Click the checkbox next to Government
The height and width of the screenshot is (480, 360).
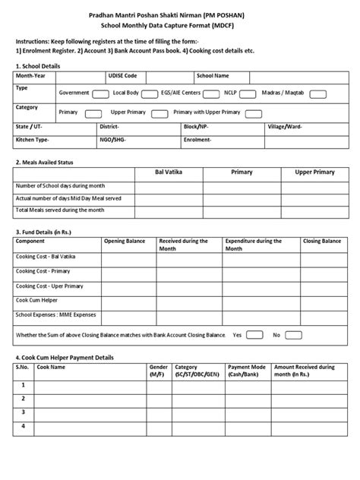pyautogui.click(x=100, y=93)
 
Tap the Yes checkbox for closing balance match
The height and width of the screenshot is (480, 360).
pyautogui.click(x=255, y=334)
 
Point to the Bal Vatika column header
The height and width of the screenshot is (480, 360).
pyautogui.click(x=168, y=172)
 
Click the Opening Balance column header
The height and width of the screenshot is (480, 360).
pyautogui.click(x=123, y=241)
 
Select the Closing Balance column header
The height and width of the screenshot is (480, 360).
pyautogui.click(x=321, y=241)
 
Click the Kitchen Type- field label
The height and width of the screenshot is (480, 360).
pyautogui.click(x=33, y=141)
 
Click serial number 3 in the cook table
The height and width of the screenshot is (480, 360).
pyautogui.click(x=24, y=412)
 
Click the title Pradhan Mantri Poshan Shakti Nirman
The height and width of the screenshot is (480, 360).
pyautogui.click(x=179, y=13)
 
